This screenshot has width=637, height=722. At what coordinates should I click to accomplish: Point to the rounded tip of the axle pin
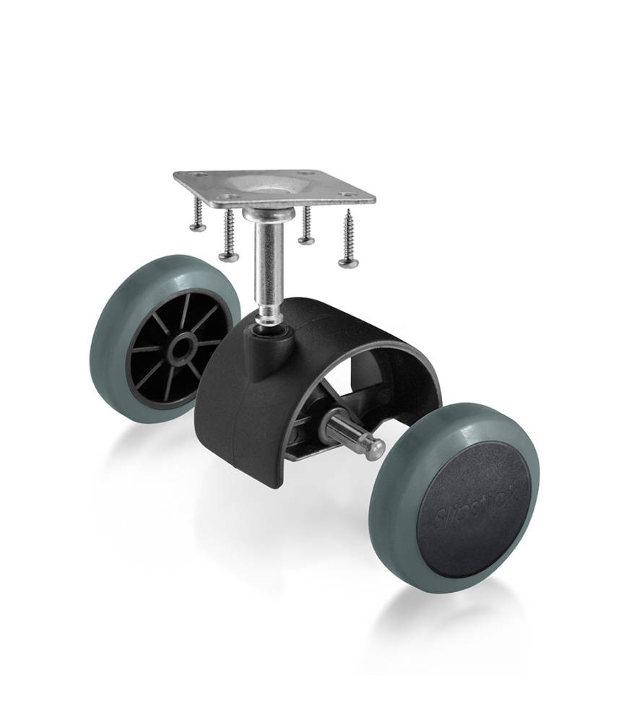[x=375, y=450]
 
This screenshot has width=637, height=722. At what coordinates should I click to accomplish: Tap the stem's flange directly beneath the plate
[x=266, y=214]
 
